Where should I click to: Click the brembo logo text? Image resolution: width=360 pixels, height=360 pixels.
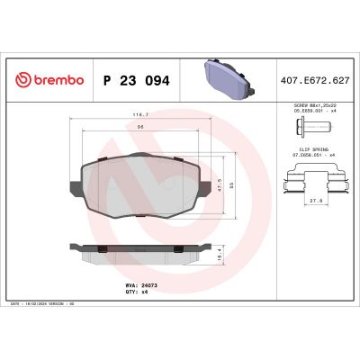[58, 80]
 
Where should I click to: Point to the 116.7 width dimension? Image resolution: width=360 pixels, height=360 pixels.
[139, 115]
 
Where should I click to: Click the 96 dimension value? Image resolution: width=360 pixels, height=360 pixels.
[139, 129]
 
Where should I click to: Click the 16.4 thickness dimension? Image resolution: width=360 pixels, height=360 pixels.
[221, 256]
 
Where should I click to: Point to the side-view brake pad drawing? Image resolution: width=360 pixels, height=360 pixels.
[139, 255]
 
